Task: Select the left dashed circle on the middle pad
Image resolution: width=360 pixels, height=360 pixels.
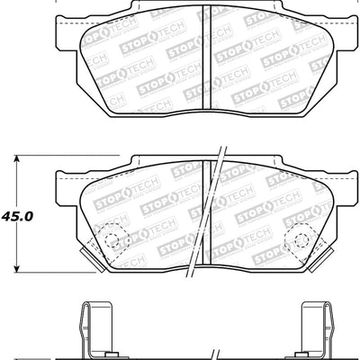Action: click(x=112, y=238)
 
